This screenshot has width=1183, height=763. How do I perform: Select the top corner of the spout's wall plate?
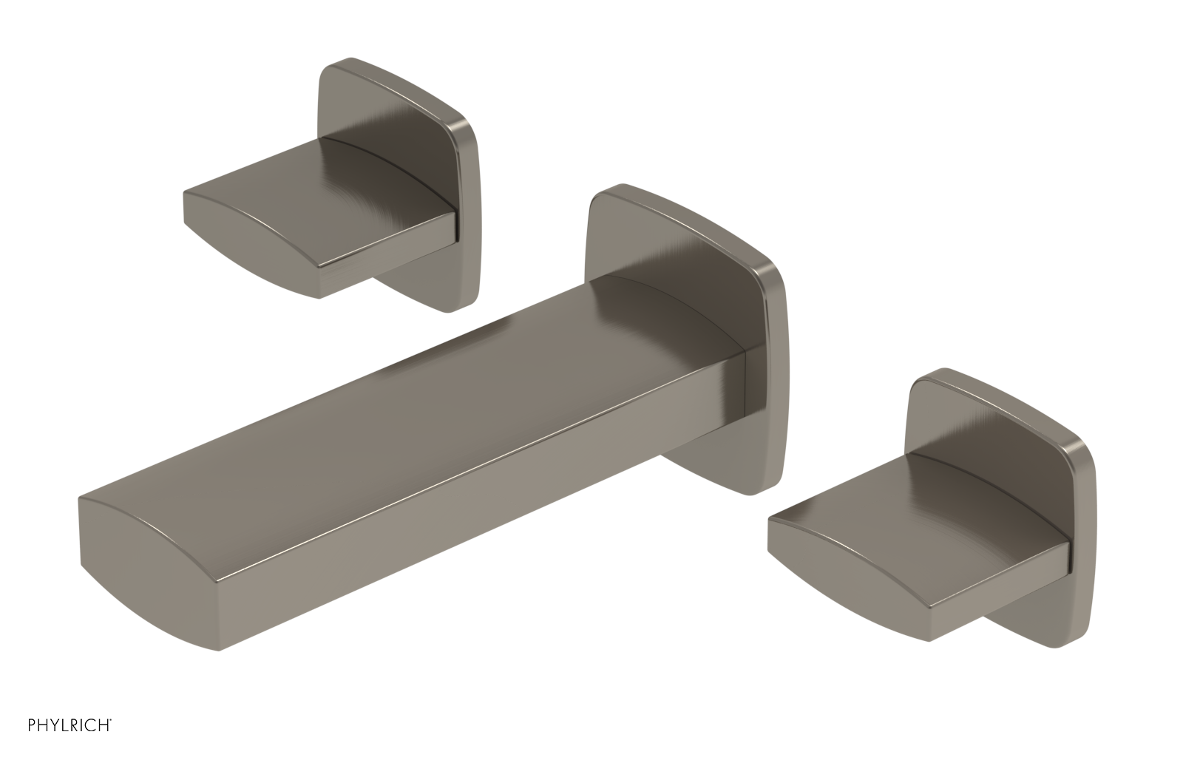pyautogui.click(x=614, y=191)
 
